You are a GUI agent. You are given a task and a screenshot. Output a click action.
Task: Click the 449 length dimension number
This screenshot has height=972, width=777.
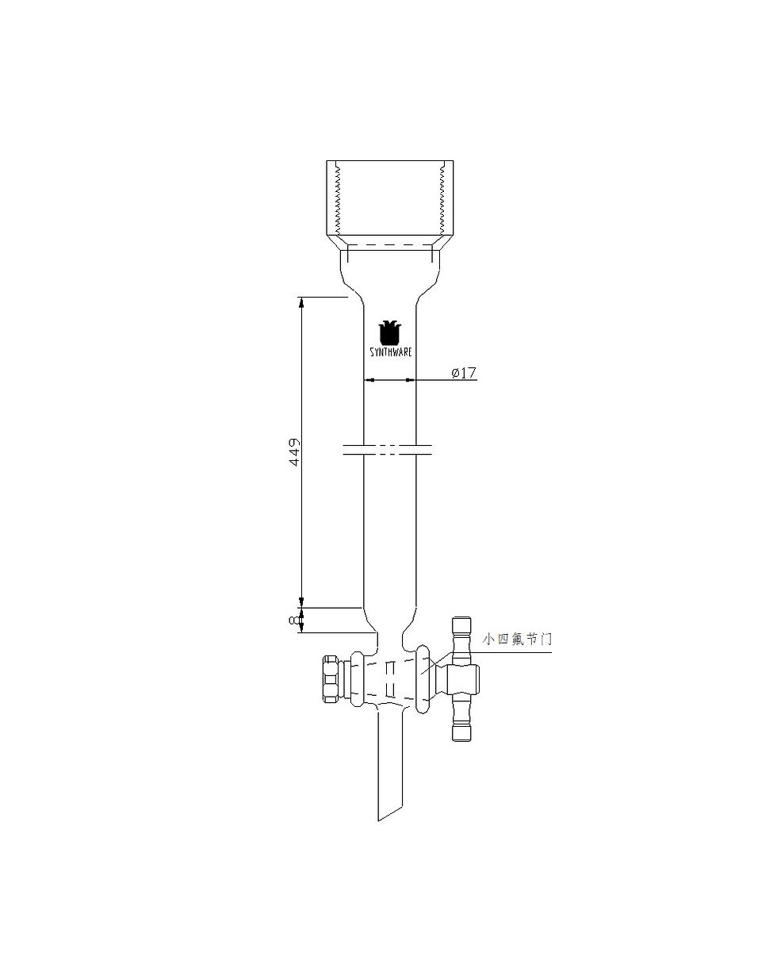[x=294, y=451]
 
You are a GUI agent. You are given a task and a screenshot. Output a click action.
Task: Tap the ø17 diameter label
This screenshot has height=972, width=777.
[x=464, y=373]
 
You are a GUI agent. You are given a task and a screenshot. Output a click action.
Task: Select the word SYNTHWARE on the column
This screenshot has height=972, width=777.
[x=390, y=352]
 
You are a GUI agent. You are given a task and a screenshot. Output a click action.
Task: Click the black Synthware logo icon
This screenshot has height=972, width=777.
[x=390, y=332]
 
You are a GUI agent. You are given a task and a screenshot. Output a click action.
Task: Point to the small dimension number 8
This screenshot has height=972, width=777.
[x=294, y=620]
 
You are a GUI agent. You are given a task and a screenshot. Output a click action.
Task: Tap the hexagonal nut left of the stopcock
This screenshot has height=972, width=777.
[x=331, y=679]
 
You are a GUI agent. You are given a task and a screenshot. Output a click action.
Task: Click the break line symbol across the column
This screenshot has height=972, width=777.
[x=388, y=450]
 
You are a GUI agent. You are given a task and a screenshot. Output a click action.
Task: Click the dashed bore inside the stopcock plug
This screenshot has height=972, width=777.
[x=389, y=680]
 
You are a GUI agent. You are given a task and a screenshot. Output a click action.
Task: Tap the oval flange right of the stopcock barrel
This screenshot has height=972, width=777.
[x=423, y=679]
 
